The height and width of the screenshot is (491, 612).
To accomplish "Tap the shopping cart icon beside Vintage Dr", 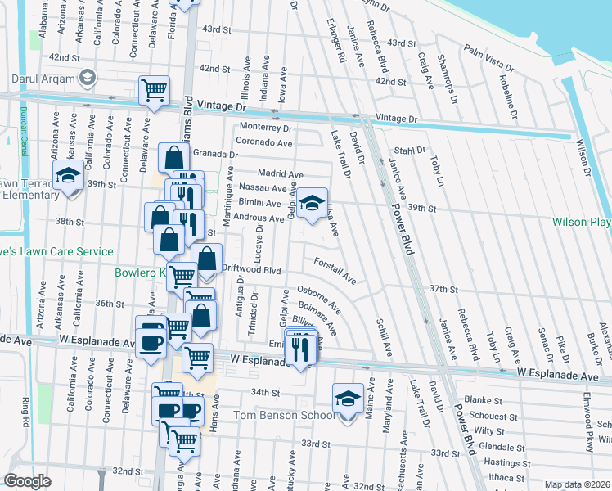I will (154, 90).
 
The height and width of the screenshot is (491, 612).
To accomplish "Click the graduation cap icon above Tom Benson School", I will (348, 399).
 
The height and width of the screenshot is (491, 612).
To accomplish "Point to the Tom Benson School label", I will (284, 416).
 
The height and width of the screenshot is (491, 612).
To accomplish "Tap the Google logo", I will (27, 481).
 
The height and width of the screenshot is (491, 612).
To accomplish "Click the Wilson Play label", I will (581, 222).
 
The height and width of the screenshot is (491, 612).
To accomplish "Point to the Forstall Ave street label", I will (335, 271).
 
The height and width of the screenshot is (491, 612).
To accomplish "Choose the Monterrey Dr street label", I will (265, 128).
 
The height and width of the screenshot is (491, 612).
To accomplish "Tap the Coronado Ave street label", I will (265, 142).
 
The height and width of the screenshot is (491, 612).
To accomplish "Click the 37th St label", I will (442, 290).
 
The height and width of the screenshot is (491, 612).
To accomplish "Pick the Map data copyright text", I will (578, 484).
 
